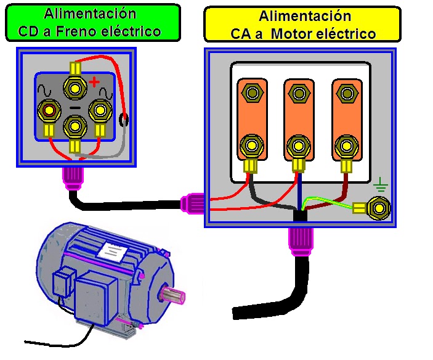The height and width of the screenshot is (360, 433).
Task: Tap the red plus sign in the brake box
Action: [94, 82]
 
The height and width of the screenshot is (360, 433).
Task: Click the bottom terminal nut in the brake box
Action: [75, 127]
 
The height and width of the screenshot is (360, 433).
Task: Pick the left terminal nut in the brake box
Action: [47, 112]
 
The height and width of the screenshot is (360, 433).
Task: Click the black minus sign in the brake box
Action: [75, 107]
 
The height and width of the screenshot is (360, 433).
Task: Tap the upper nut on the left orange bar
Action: [251, 94]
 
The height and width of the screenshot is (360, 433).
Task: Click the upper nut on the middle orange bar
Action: [299, 94]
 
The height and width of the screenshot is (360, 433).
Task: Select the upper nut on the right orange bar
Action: [346, 94]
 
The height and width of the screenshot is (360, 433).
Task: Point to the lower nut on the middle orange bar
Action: [299, 147]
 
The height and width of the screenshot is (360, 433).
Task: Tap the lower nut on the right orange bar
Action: [346, 146]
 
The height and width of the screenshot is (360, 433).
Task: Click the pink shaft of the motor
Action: [177, 296]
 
